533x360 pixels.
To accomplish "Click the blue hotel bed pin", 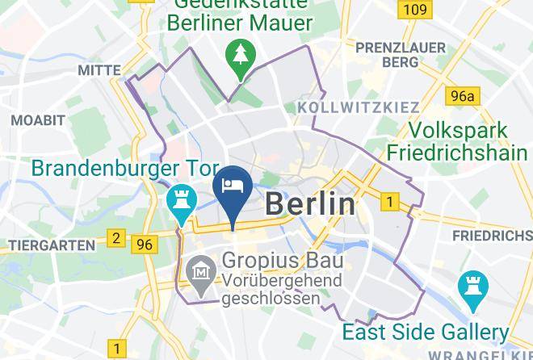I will click(233, 185).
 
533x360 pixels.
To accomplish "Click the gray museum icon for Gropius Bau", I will click(199, 273).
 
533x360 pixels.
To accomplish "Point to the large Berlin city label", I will click(310, 203).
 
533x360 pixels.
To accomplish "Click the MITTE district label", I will click(99, 71).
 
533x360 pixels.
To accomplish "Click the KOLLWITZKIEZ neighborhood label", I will click(359, 107).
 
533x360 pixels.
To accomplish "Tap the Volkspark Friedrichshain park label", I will click(457, 141).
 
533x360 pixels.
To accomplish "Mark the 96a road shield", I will click(463, 97).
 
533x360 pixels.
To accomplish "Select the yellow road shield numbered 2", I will click(116, 238).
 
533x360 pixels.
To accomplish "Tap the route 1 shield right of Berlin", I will click(390, 201).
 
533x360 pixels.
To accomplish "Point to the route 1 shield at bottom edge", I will click(118, 350).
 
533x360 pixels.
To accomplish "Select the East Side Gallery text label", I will click(425, 332).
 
